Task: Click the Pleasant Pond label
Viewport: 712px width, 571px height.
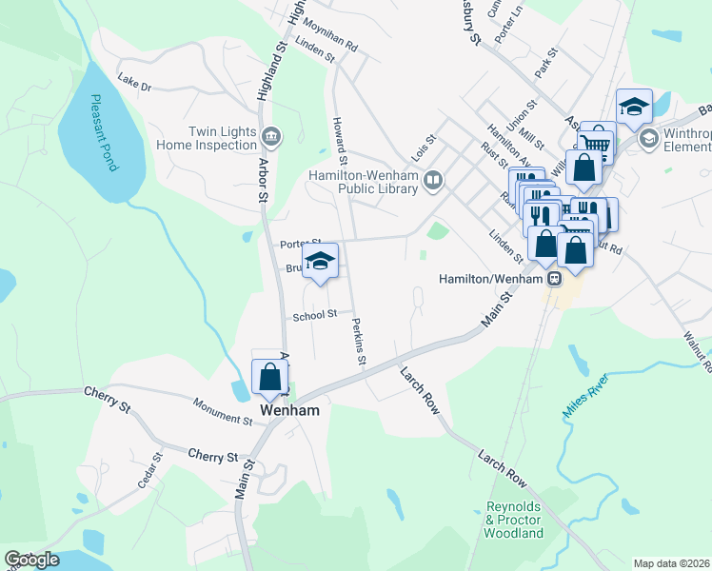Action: [104, 132]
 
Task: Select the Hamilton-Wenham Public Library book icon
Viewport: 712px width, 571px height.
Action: [433, 180]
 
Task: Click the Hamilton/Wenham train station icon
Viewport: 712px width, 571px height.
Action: [554, 279]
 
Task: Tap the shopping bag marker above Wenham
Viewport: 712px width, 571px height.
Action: [269, 377]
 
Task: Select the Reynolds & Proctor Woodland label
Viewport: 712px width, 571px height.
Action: [514, 520]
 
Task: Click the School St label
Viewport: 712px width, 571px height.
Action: [315, 315]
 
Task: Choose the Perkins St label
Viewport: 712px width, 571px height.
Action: [357, 343]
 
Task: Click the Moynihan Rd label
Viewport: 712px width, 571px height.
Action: [330, 40]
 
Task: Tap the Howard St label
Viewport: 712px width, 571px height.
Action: [339, 133]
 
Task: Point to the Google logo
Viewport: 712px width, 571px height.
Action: [31, 560]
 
